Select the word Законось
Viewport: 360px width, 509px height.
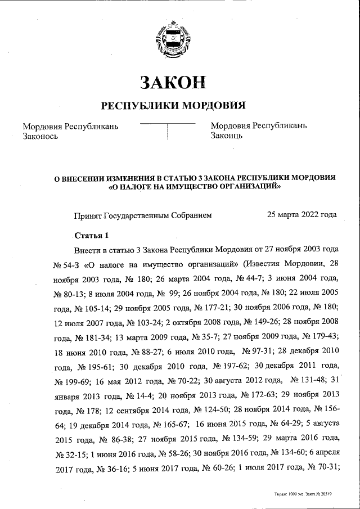(x=40, y=136)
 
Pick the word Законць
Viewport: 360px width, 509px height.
(x=227, y=136)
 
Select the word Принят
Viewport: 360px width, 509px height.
(x=87, y=215)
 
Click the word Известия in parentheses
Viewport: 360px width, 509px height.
(x=248, y=264)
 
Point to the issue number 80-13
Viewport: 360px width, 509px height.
(x=71, y=294)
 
